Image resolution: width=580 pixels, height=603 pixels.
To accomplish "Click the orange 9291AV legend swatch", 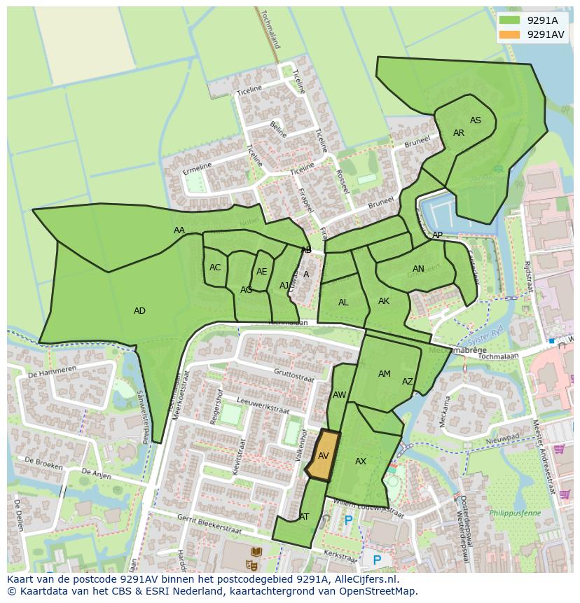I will [x=510, y=34].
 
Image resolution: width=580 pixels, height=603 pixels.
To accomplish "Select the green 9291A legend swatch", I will [x=510, y=20].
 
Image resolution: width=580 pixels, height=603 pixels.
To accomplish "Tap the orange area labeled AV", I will [x=323, y=456].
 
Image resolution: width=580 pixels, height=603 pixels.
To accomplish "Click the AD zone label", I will [x=139, y=311].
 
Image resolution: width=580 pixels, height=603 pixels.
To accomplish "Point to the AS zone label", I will [x=476, y=120].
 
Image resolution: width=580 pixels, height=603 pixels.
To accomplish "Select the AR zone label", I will [x=459, y=133].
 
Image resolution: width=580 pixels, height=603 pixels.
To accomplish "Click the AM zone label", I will [x=385, y=374].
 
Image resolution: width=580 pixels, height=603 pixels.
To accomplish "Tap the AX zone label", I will [x=361, y=462].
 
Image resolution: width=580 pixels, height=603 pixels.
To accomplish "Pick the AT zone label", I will [x=304, y=517].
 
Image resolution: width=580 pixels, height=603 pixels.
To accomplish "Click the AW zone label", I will [x=339, y=395].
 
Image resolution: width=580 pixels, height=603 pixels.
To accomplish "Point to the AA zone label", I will [x=179, y=230].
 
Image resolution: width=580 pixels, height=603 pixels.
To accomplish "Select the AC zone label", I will [x=215, y=268].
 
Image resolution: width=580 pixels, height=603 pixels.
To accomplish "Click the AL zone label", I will [x=343, y=303].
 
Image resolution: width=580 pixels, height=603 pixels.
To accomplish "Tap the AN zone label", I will [x=418, y=269].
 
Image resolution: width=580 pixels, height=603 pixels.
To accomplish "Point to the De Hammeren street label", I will [x=53, y=370].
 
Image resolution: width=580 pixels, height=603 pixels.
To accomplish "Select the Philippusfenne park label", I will [x=515, y=513].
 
